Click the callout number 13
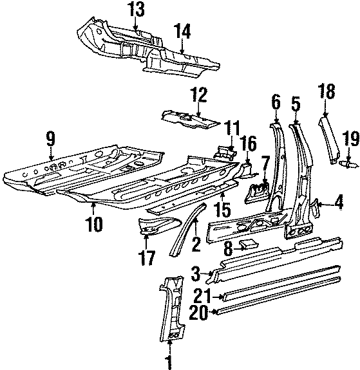click(136, 10)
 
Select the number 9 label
click(51, 136)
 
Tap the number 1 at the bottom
click(169, 361)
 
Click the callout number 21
click(204, 295)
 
